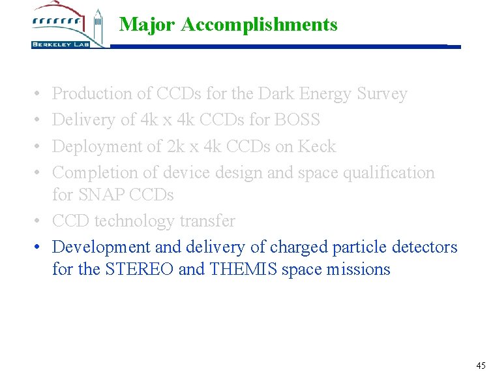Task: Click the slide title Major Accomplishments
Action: click(228, 25)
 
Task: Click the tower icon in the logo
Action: click(98, 26)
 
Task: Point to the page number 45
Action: click(481, 366)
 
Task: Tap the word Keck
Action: click(317, 146)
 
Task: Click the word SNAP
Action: click(99, 195)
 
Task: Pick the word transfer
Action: click(207, 221)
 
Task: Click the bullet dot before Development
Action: click(39, 247)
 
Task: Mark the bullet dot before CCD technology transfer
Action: click(39, 221)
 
